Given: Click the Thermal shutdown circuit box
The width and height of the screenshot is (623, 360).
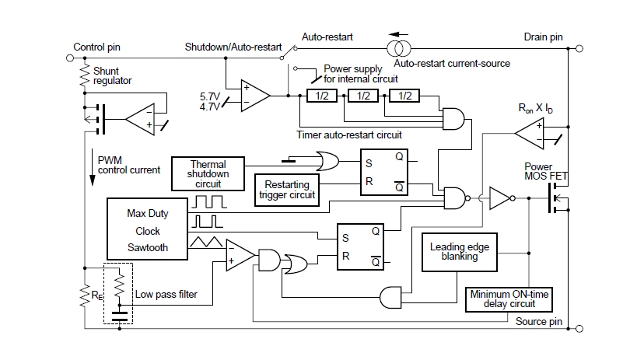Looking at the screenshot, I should pyautogui.click(x=208, y=173).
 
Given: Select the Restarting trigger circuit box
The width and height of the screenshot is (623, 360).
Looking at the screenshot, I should pyautogui.click(x=288, y=189).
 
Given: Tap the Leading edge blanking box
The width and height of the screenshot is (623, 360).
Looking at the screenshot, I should pyautogui.click(x=460, y=251).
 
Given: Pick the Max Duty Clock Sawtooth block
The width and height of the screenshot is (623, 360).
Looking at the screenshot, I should pyautogui.click(x=147, y=230).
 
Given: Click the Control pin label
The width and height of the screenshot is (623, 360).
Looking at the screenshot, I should pyautogui.click(x=97, y=47).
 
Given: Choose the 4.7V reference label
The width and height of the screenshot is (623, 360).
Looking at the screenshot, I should pyautogui.click(x=210, y=107).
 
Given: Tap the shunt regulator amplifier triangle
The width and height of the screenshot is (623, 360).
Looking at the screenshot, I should pyautogui.click(x=143, y=119).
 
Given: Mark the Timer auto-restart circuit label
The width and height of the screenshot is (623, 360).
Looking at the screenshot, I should pyautogui.click(x=349, y=135).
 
